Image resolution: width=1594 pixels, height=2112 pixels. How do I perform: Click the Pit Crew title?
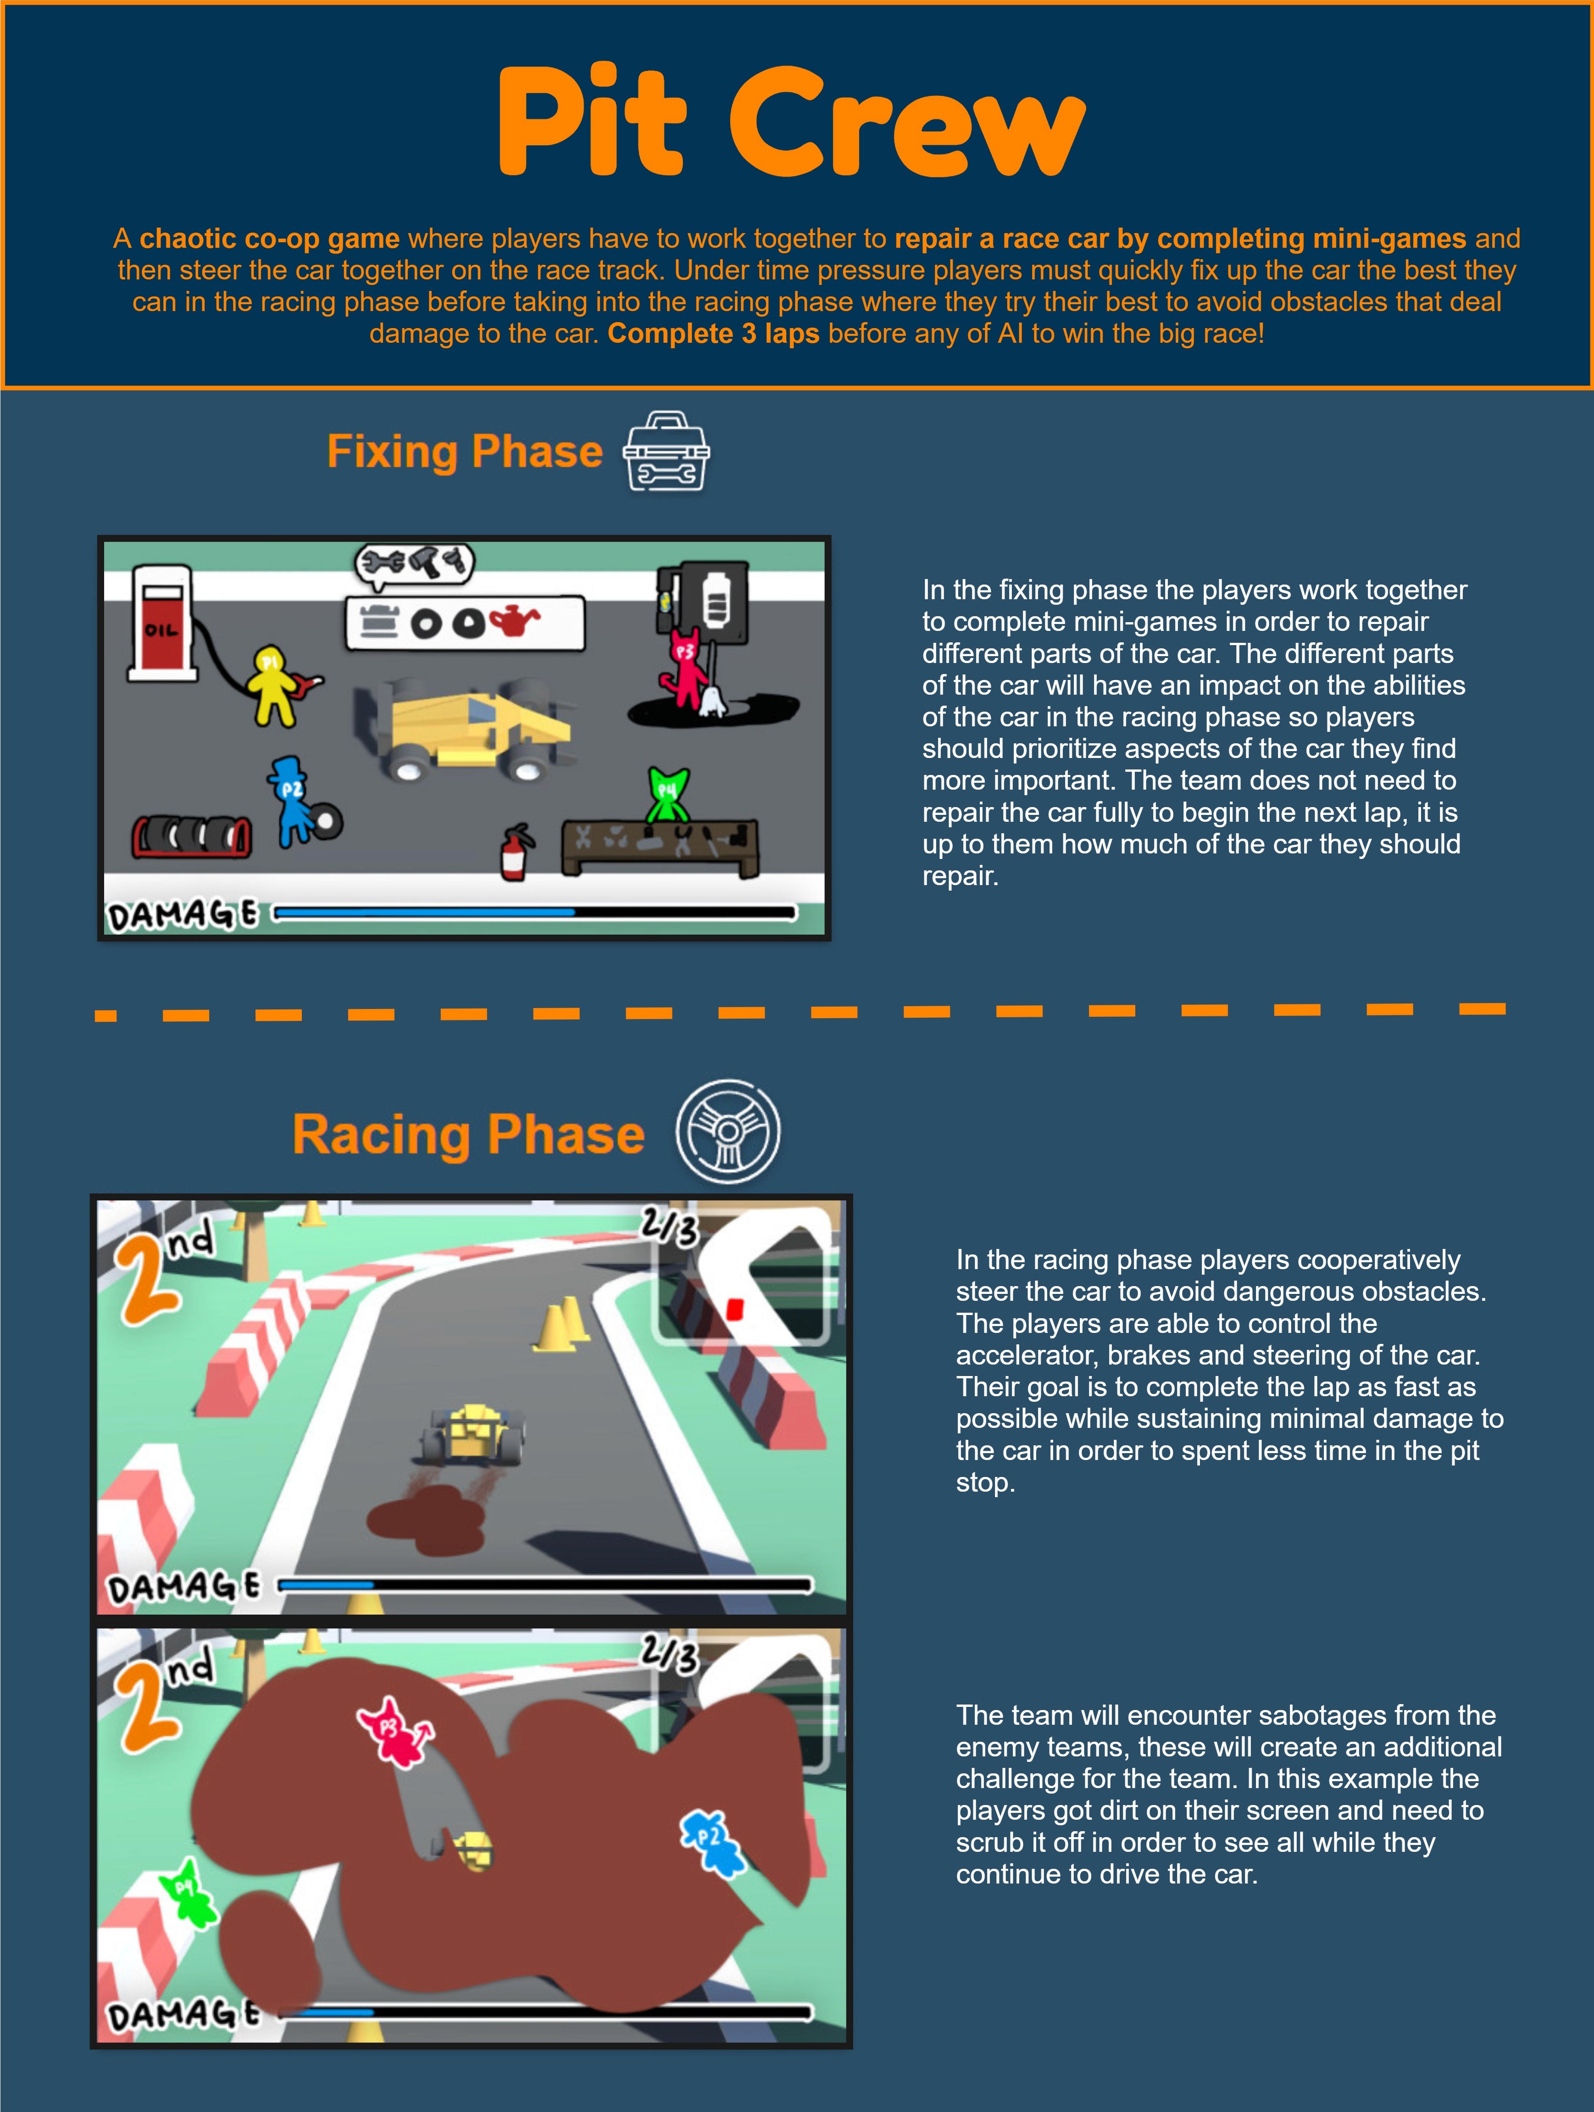pos(791,122)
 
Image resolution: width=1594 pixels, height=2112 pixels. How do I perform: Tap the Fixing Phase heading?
pos(465,451)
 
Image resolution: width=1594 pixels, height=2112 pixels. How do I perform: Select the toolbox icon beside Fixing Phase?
pos(666,451)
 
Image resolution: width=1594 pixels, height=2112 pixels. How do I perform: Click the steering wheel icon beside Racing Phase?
pos(728,1132)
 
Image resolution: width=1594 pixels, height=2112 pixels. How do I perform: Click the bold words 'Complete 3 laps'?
pos(713,333)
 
